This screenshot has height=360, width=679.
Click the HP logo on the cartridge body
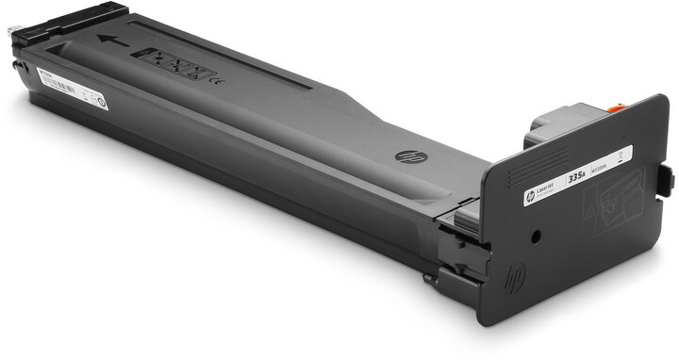406,155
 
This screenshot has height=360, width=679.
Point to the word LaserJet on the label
546,187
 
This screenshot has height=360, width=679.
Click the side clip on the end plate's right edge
666,179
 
